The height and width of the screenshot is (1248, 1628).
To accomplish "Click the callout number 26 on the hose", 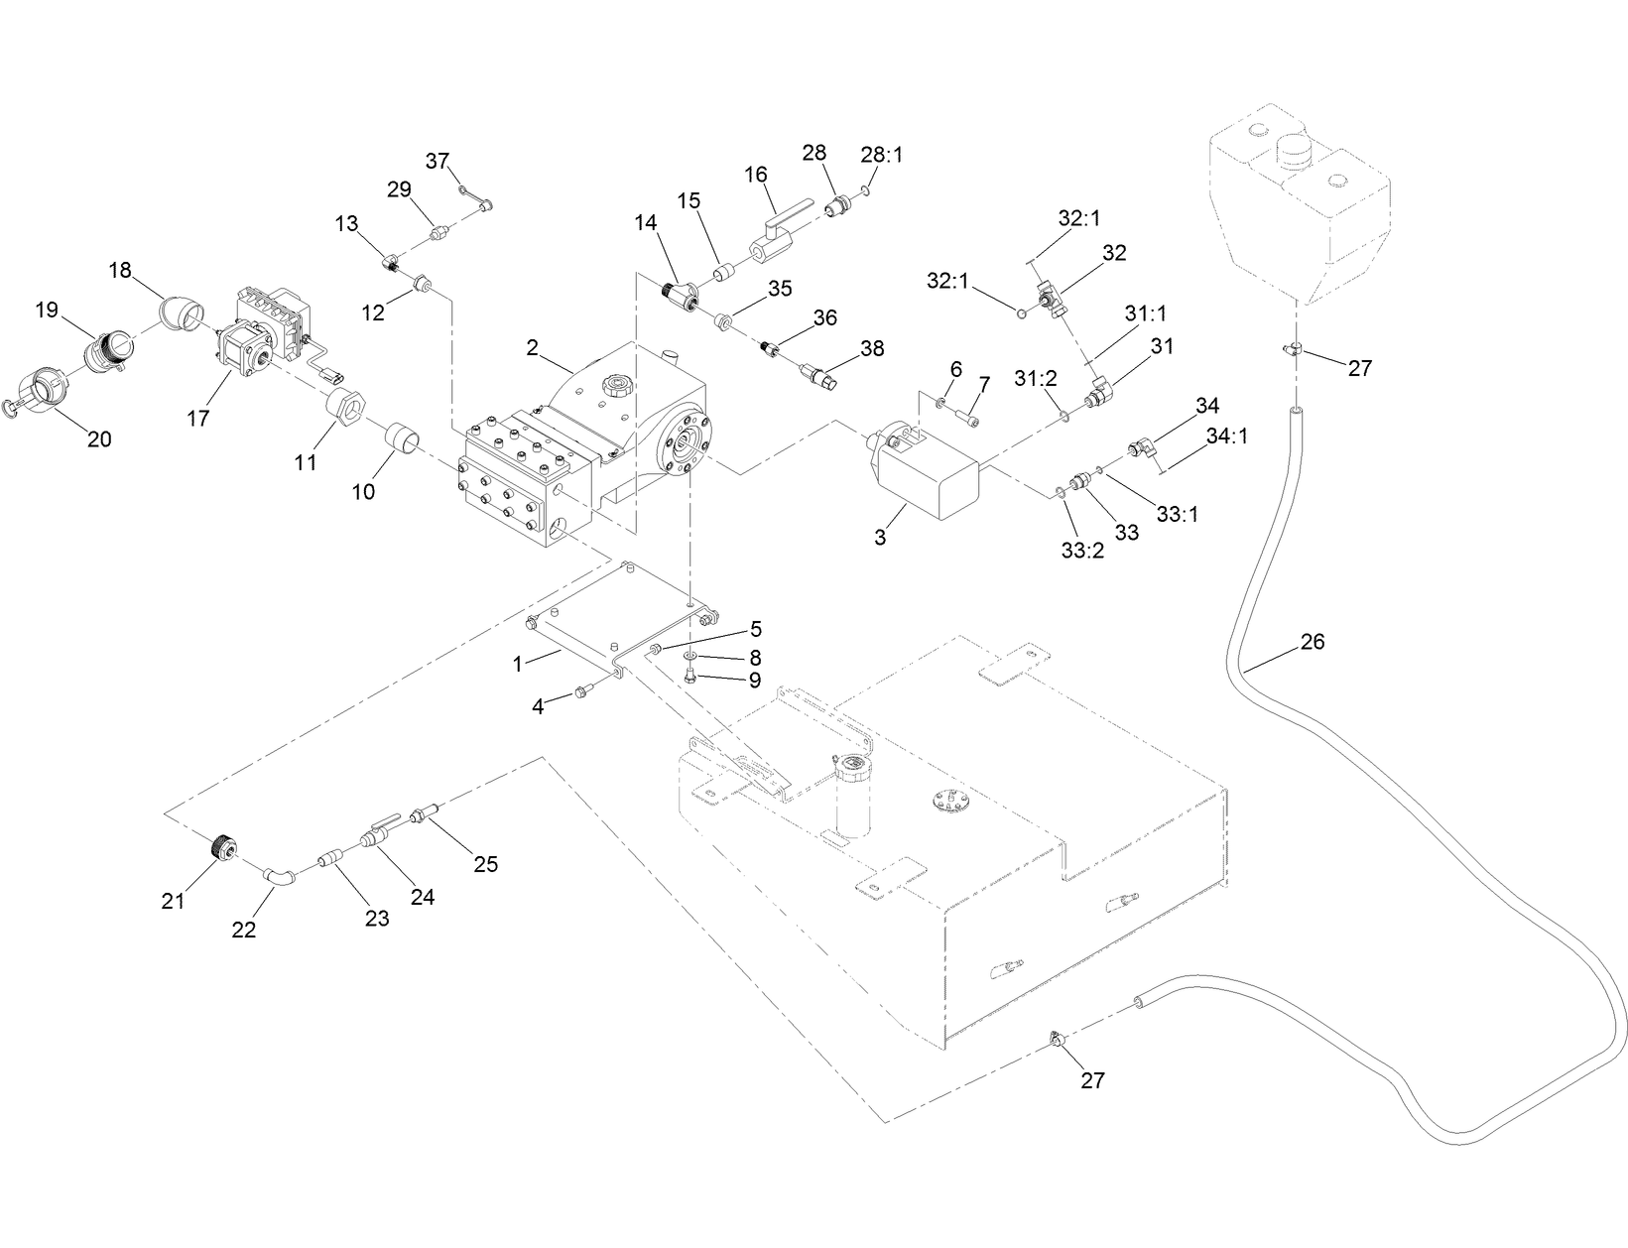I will coord(1312,642).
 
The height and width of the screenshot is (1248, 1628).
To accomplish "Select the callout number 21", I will coord(174,901).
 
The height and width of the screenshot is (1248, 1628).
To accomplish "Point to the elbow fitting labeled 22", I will coord(279,875).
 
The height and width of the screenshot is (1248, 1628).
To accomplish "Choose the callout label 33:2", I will coord(1081,550).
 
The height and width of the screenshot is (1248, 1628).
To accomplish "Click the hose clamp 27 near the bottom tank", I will coord(1058,1040).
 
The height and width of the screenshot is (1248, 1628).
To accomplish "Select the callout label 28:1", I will coord(882,155).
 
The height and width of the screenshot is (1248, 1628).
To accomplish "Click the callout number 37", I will coord(438,161).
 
